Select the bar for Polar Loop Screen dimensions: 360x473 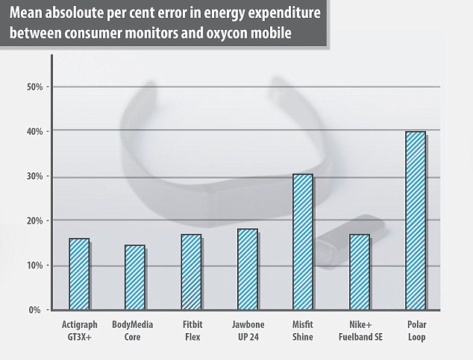coord(415,221)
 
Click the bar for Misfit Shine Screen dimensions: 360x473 coord(303,242)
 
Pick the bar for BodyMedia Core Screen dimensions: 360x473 coord(135,277)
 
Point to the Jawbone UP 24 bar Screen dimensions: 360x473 coord(247,269)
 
